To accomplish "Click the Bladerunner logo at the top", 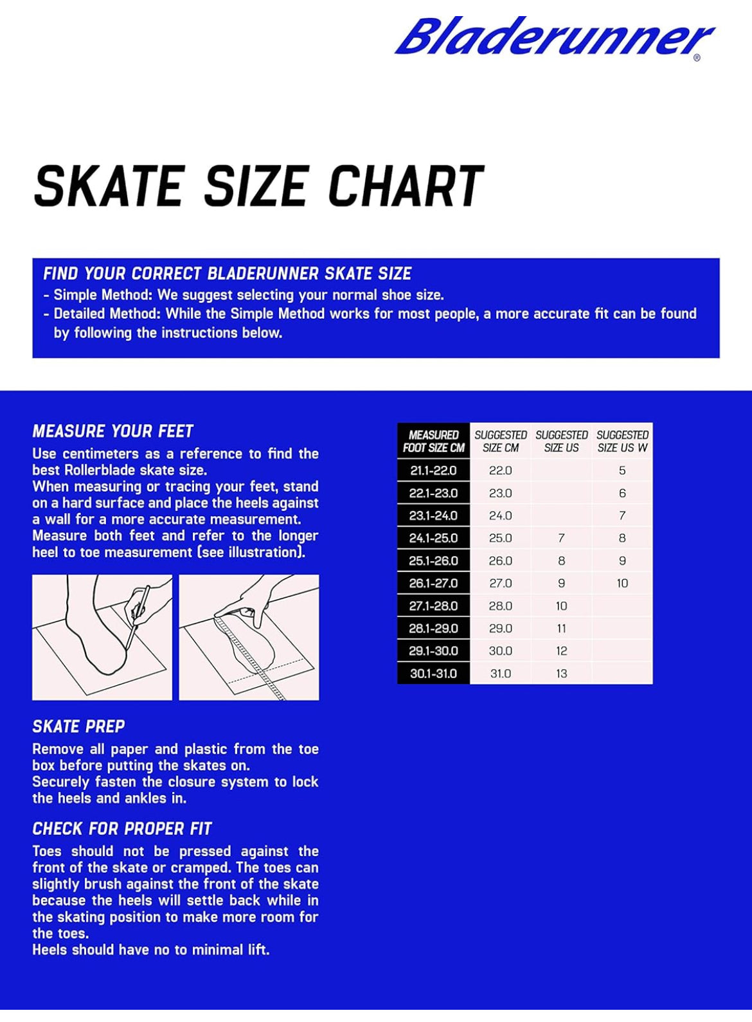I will tap(554, 37).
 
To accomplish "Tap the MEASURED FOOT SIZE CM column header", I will tap(434, 442).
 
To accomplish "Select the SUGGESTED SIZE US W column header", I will tap(622, 442).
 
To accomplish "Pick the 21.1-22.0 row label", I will tap(433, 471).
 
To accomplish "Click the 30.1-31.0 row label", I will tap(433, 674).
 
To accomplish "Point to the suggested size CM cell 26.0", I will tap(500, 561).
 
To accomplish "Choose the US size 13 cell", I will tap(561, 674).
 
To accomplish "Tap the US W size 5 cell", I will tap(622, 471).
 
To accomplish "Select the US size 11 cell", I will tap(561, 629).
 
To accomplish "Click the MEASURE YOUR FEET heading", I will tap(113, 431).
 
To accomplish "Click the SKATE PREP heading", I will tap(78, 727).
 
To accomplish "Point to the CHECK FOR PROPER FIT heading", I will tap(122, 829).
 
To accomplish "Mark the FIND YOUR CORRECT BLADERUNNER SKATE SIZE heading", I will tap(227, 274).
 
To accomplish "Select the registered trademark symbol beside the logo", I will tap(697, 58).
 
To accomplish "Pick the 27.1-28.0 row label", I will tap(433, 606).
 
